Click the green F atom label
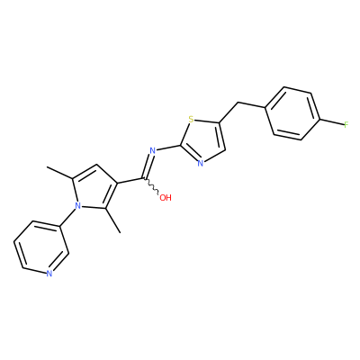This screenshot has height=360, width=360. (346, 124)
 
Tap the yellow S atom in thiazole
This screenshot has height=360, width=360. (191, 121)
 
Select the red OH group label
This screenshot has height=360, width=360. (166, 198)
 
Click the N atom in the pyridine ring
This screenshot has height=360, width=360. (49, 274)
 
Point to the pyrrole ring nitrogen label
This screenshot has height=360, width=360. (78, 205)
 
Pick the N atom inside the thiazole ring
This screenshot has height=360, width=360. (201, 164)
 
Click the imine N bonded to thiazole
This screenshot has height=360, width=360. (152, 150)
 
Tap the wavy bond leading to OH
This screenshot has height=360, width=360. (151, 186)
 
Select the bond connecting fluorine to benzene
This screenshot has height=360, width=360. (332, 122)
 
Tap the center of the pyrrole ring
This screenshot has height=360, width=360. (94, 188)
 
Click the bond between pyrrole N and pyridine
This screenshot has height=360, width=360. (68, 218)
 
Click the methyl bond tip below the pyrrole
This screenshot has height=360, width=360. (120, 232)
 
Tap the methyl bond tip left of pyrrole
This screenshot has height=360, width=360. (48, 167)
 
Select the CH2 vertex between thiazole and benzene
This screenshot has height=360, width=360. (238, 103)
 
